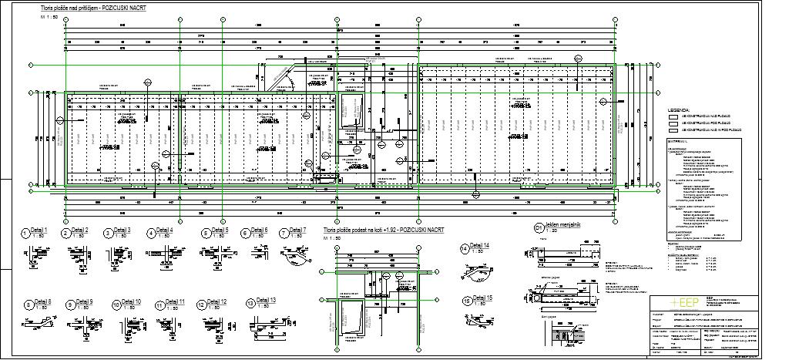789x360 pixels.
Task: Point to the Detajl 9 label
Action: click(x=83, y=301)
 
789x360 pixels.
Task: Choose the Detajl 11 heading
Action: click(x=175, y=301)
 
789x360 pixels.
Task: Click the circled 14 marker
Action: click(x=464, y=248)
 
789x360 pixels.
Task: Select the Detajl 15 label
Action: click(x=483, y=298)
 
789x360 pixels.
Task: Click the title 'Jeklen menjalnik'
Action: click(x=563, y=225)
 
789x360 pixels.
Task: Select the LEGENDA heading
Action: click(x=680, y=110)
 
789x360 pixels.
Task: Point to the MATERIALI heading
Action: click(x=679, y=141)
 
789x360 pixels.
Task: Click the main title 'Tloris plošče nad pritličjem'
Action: click(x=92, y=6)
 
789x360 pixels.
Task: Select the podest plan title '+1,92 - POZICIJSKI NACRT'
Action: click(x=373, y=230)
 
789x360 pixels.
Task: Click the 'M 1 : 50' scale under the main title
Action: click(x=50, y=15)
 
